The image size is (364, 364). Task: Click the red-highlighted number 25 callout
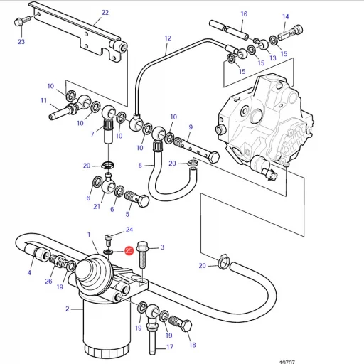tap(129, 251)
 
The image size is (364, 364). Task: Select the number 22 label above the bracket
tap(105, 13)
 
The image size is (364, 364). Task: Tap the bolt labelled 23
tap(22, 21)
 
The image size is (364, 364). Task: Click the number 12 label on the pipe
tap(168, 38)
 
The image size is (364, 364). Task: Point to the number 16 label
tap(244, 14)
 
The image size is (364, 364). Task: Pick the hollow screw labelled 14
tap(290, 33)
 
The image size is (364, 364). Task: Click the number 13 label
tap(273, 58)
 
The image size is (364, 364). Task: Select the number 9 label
tap(191, 127)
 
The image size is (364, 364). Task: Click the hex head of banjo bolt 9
tap(213, 157)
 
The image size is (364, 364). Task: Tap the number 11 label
tap(43, 100)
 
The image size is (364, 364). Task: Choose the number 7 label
tap(92, 134)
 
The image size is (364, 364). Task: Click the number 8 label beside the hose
tap(140, 165)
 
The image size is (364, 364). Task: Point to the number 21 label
tap(97, 207)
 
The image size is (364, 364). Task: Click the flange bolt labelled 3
tap(142, 255)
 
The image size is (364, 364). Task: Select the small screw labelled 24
tap(109, 240)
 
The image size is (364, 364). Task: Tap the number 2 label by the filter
tap(68, 309)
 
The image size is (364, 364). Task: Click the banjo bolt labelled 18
tap(181, 323)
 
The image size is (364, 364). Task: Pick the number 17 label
tap(170, 347)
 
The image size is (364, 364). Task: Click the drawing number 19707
tap(287, 362)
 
